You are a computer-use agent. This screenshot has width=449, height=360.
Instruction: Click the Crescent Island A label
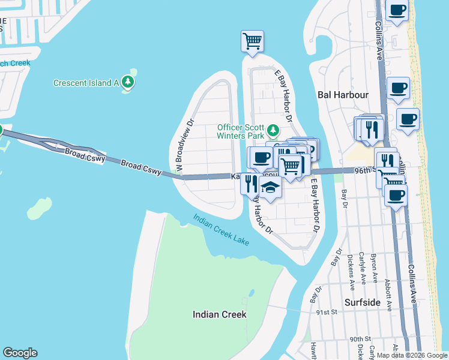86,83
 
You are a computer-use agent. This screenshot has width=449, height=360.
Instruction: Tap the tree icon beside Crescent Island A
127,82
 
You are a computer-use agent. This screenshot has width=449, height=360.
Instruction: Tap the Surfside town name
363,302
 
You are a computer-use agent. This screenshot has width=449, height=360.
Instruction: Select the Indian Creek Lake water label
221,230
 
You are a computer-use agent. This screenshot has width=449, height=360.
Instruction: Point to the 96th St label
363,170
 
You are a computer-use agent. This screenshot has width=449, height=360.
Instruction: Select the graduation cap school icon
271,188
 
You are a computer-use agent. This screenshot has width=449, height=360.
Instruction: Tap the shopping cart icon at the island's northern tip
252,41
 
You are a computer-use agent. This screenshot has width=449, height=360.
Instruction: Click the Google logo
20,353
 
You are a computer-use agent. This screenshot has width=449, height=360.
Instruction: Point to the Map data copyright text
411,355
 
